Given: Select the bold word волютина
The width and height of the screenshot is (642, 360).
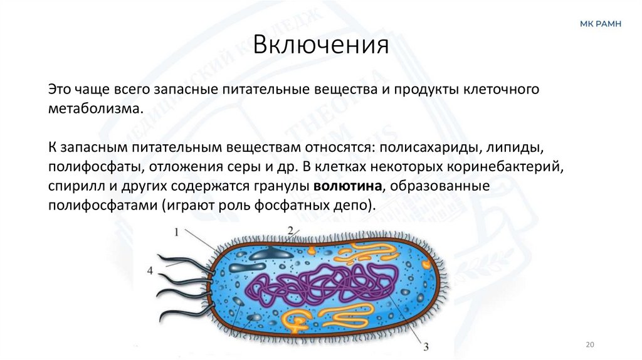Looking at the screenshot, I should [349, 187].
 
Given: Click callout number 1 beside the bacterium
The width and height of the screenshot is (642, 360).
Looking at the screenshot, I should [176, 231].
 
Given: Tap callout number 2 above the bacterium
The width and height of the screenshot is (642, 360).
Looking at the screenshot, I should [290, 230].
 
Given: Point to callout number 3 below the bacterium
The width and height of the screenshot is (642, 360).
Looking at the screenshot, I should [426, 346].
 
